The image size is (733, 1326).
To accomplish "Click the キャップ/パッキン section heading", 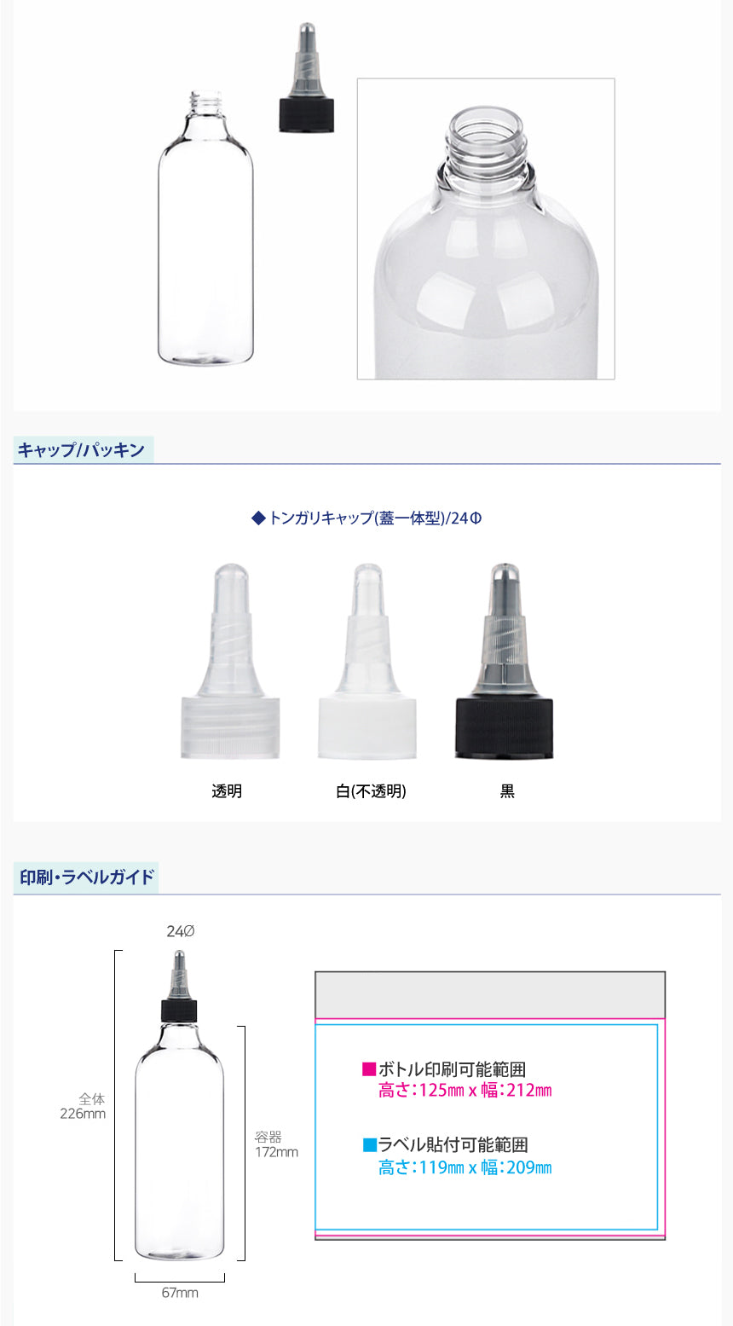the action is [81, 450].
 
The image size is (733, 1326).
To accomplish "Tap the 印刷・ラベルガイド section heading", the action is [87, 877].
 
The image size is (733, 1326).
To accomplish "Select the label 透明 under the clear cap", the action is [227, 790].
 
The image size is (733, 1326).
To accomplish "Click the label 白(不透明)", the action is [371, 790].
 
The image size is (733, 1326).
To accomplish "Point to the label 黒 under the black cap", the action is [507, 790].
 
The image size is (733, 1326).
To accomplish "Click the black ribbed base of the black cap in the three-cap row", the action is [504, 728].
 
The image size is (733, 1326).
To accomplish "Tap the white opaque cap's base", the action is [367, 728].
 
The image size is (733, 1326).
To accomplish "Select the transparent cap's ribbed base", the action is [230, 728].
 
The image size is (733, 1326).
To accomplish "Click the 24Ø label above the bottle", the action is [181, 931].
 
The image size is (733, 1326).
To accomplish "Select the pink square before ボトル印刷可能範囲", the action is [369, 1068].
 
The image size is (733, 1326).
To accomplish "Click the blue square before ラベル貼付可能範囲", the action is [369, 1144].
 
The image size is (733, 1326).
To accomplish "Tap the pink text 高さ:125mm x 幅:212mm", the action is [465, 1090].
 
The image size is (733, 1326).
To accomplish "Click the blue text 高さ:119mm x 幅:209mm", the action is [465, 1167].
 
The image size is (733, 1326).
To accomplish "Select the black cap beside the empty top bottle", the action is [307, 115].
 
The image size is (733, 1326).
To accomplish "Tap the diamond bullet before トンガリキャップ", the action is [258, 518].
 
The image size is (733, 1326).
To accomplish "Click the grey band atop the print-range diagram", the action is [490, 994].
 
